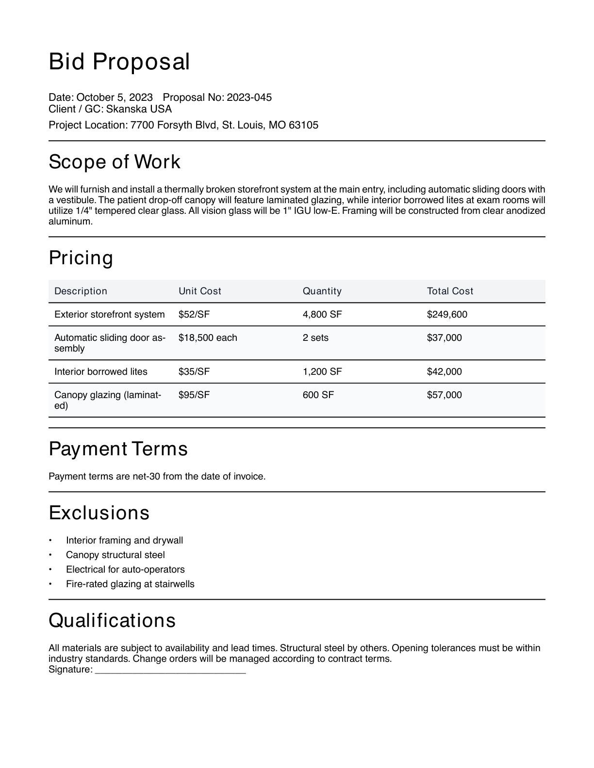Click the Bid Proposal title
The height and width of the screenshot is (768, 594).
[119, 62]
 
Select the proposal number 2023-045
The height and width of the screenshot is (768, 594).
[249, 97]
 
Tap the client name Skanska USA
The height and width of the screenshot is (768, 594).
[139, 109]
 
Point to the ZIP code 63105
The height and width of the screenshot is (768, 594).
[303, 125]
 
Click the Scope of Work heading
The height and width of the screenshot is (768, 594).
[115, 162]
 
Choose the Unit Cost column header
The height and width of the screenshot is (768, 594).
[199, 291]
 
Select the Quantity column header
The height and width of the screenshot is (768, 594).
[322, 291]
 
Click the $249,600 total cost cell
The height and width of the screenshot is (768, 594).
[447, 315]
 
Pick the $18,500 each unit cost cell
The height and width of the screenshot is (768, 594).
[208, 338]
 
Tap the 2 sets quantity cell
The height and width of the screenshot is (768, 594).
[315, 338]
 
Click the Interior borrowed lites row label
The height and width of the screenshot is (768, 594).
[101, 372]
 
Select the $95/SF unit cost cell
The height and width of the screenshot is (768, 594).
[194, 395]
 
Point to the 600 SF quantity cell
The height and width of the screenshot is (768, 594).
[318, 395]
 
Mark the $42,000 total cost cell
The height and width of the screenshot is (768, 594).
[444, 372]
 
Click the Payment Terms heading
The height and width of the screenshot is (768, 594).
[118, 449]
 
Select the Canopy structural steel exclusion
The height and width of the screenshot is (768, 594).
[115, 555]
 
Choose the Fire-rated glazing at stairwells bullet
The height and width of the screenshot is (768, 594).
[130, 584]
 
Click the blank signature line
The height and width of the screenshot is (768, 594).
[170, 670]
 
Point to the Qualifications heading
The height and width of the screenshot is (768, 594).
[112, 621]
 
